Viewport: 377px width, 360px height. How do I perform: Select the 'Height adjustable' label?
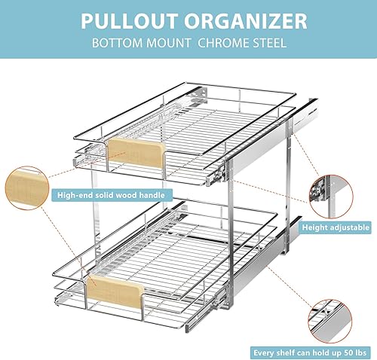(336, 226)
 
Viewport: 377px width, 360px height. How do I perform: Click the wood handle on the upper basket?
(136, 153)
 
